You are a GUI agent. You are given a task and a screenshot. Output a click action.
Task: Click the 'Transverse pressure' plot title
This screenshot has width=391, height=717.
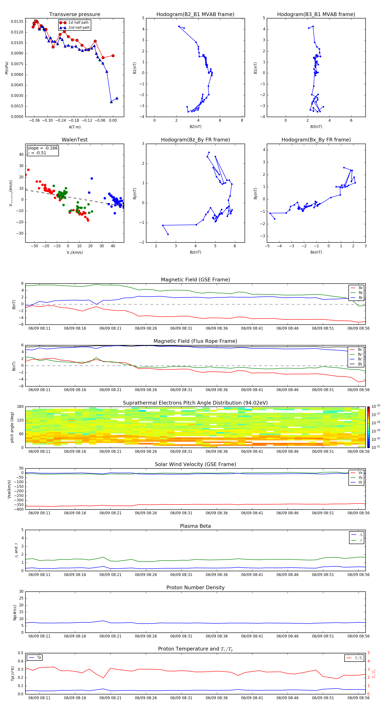tap(75, 15)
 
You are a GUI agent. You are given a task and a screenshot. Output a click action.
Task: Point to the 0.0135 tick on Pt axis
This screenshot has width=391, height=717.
tap(17, 22)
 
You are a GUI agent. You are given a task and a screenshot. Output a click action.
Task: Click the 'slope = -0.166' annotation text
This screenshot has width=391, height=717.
tap(43, 148)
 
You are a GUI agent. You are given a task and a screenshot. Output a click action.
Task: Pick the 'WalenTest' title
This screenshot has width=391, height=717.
tap(75, 140)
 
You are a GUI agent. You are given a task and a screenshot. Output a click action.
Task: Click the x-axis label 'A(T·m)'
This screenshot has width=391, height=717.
tap(75, 127)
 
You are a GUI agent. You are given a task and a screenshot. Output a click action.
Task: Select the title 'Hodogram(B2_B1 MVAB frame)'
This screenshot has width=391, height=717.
tap(195, 15)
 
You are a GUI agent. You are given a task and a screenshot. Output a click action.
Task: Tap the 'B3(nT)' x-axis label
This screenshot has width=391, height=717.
tap(316, 127)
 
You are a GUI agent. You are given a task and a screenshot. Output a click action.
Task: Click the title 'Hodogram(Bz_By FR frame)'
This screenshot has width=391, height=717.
tap(195, 140)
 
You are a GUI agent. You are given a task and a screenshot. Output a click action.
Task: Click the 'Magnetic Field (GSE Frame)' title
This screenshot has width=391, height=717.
tap(195, 280)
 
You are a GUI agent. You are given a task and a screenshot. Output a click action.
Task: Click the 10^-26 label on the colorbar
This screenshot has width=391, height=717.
tap(376, 406)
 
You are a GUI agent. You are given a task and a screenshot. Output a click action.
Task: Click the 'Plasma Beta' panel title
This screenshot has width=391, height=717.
tap(195, 526)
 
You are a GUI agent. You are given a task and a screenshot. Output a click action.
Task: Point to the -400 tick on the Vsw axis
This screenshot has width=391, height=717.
tap(19, 509)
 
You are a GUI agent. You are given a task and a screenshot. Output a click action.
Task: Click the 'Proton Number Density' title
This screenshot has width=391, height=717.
tap(195, 588)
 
